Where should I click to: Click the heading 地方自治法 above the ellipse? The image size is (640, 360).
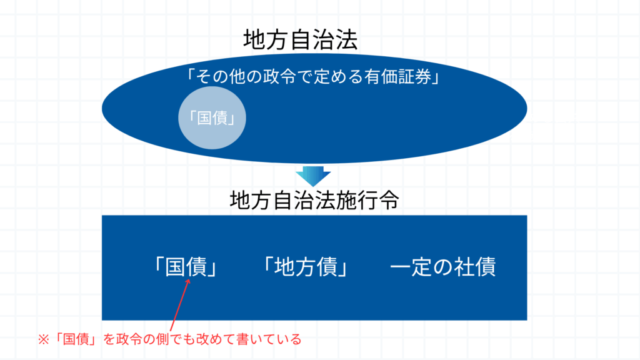301,40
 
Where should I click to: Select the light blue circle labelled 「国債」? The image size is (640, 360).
212,117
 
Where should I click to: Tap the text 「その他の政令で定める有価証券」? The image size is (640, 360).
313,76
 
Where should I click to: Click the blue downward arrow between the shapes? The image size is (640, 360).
313,176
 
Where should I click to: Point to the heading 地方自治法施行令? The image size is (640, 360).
314,200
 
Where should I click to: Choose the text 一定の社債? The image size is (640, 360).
443,266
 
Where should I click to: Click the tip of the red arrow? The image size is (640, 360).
189,279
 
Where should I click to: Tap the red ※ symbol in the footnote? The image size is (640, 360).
44,339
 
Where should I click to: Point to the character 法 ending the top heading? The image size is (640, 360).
346,40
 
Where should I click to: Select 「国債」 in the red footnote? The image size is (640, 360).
76,339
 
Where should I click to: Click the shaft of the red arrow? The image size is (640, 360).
179,305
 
